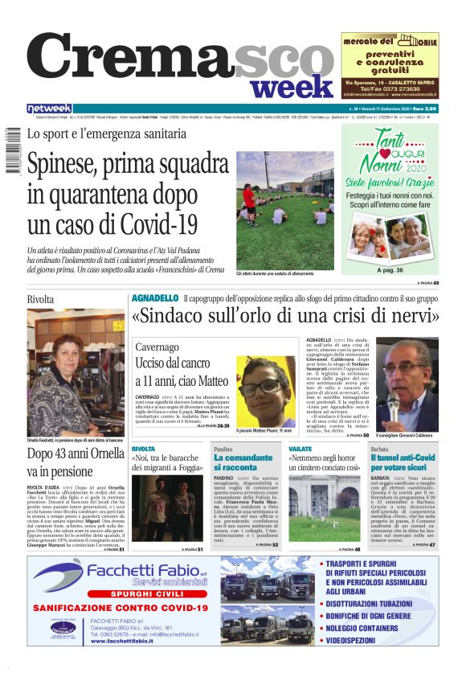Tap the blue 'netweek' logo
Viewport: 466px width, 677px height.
pyautogui.click(x=49, y=109)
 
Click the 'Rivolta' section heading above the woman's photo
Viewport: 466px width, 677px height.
pyautogui.click(x=40, y=299)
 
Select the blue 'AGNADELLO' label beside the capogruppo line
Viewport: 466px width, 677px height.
pyautogui.click(x=154, y=298)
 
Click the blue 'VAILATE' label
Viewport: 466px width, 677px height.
pyautogui.click(x=300, y=448)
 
